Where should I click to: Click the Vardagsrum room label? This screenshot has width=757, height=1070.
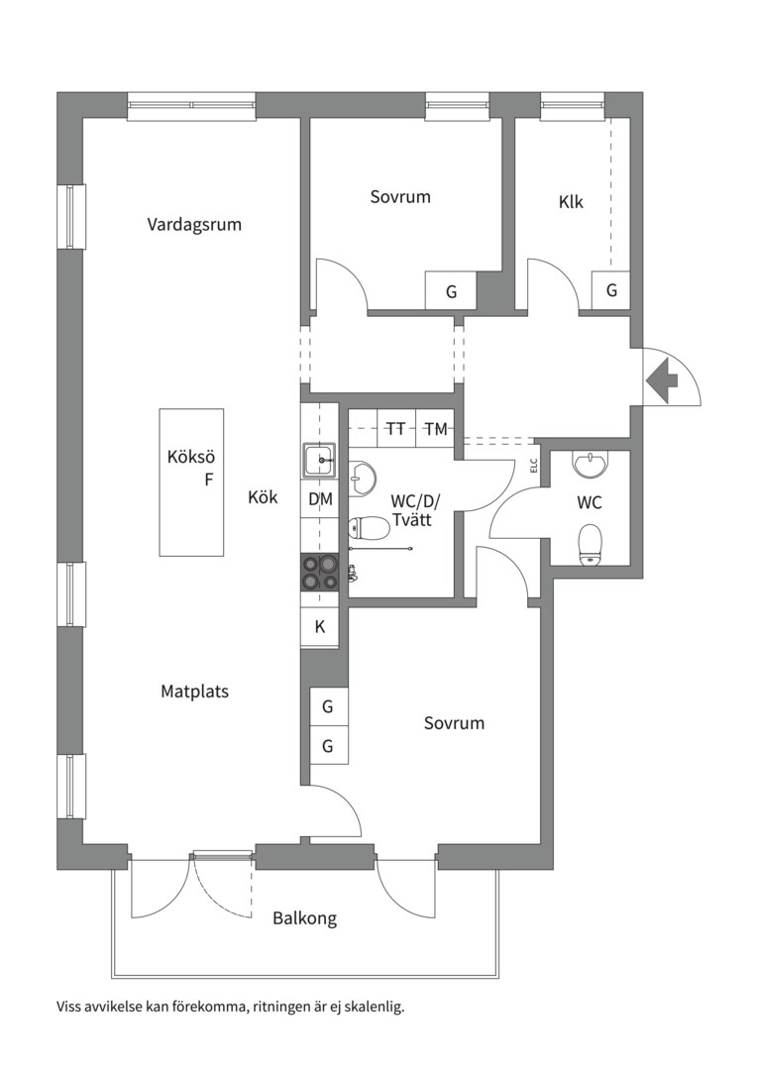coord(194,225)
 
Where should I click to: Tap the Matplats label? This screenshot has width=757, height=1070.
coord(194,692)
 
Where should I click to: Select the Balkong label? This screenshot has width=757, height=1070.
coord(305,918)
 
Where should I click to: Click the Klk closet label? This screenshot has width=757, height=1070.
coord(571,202)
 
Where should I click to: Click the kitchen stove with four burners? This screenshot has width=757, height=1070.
coord(320,572)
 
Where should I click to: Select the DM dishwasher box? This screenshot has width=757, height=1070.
coord(320,498)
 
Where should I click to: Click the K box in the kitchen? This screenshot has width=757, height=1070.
coord(319,626)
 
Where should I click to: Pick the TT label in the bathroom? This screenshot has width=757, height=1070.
coord(396,429)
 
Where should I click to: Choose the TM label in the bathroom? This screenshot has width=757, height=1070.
coord(436,429)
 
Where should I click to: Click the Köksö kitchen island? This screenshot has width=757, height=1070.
coord(192,481)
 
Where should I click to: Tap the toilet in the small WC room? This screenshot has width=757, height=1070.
coord(590,545)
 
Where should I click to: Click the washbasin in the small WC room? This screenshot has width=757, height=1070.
coord(589,465)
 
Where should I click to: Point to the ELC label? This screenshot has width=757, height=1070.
coord(534,466)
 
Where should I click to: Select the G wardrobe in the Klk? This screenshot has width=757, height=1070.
coord(611,290)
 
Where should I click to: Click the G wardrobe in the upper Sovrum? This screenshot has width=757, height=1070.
coord(451,291)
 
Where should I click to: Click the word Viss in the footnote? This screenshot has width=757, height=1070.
coord(69,1006)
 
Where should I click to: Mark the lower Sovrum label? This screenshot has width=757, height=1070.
coord(454,723)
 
